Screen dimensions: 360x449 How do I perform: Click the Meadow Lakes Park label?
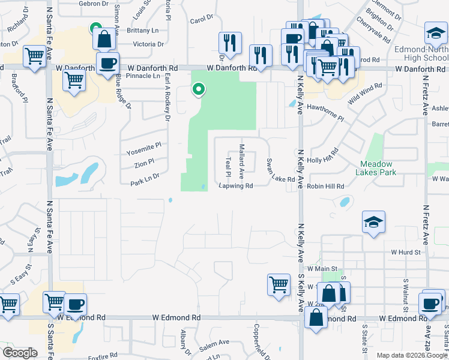(x=376, y=168)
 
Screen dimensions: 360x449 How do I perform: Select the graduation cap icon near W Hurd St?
(x=373, y=223)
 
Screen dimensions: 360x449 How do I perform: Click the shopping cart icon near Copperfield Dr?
(x=278, y=284)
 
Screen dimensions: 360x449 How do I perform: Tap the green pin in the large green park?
(x=198, y=90)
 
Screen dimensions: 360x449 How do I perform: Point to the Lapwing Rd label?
(x=236, y=186)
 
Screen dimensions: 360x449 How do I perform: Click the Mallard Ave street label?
(x=241, y=161)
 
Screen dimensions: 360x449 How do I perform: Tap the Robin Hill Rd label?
(x=325, y=187)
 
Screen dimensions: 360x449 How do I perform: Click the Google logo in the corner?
(x=20, y=353)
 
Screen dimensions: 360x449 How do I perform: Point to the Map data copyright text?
(x=412, y=355)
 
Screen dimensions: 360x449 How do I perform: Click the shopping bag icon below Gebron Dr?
(x=104, y=40)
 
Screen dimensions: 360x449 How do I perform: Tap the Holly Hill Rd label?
(x=323, y=161)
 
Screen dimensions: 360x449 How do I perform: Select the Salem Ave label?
(x=214, y=343)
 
